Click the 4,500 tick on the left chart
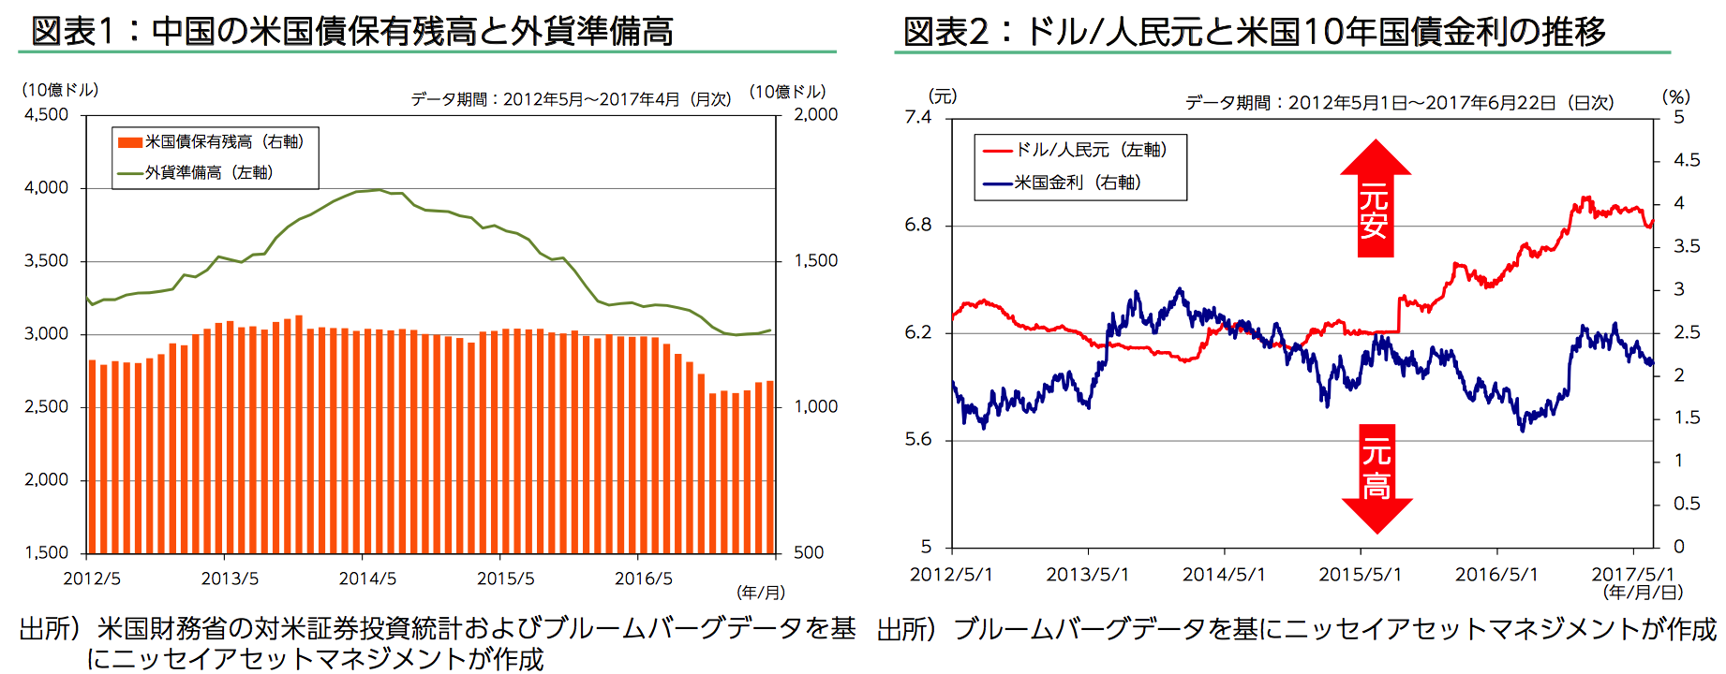pos(47,115)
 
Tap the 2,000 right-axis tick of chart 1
pos(815,115)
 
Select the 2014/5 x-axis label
pos(367,579)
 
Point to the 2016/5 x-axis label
pos(644,579)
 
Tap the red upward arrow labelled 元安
pos(1375,199)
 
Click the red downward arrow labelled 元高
pos(1376,477)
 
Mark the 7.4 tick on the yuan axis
pos(918,117)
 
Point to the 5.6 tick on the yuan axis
pos(918,440)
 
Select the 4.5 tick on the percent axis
pos(1687,160)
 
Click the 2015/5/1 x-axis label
pos(1360,574)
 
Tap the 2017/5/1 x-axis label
pos(1632,574)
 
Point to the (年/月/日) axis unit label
pos(1643,593)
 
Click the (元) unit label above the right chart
pos(943,96)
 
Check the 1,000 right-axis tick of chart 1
pos(815,407)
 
